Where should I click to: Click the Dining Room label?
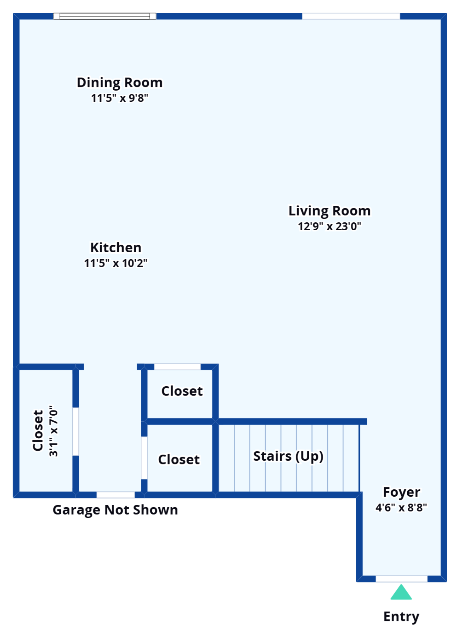pos(120,83)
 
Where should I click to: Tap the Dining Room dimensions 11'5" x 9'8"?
pos(120,98)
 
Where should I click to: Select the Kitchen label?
pos(116,248)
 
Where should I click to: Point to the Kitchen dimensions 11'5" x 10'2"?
pos(116,263)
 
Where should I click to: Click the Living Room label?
pos(329,211)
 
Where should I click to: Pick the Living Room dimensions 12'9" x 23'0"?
pos(329,226)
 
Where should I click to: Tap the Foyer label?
pos(401,492)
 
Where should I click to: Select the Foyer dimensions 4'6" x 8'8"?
pos(401,507)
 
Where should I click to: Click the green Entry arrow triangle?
pos(401,593)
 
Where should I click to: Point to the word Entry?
pos(401,617)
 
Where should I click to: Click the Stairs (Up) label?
pos(288,456)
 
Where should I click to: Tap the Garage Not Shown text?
pos(115,510)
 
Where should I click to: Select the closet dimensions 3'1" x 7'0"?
pos(54,431)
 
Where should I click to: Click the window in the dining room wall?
pos(105,16)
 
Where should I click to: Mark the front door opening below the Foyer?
pos(402,579)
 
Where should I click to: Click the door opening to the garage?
pos(116,495)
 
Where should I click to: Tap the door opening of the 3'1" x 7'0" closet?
pos(76,431)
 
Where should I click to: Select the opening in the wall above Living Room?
pos(351,16)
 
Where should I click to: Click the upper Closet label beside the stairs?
pos(182,391)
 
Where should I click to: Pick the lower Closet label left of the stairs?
pos(179,460)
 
